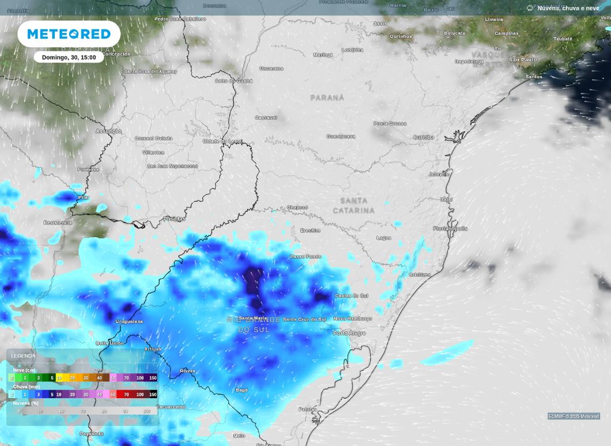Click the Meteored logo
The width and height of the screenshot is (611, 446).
69,34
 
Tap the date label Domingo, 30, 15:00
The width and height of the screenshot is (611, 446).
69,57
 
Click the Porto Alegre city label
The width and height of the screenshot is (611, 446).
349,333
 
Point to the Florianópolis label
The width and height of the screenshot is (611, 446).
450,228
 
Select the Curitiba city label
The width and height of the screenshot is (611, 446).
424,137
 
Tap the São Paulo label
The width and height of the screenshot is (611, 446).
522,60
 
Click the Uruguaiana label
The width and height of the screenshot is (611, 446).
129,321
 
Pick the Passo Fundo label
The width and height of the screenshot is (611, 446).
305,256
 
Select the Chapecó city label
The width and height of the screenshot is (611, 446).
297,207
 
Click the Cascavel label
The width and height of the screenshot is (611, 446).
266,117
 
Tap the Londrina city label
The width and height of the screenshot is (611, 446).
352,50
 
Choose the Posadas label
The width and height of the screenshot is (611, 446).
174,219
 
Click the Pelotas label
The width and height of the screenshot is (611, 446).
308,409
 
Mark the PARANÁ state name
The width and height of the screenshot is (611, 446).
327,97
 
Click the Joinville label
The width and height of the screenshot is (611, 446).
439,174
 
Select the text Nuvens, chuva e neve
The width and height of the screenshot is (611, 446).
568,8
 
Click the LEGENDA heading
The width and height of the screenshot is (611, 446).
23,356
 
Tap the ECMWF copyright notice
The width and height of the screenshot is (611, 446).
573,416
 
